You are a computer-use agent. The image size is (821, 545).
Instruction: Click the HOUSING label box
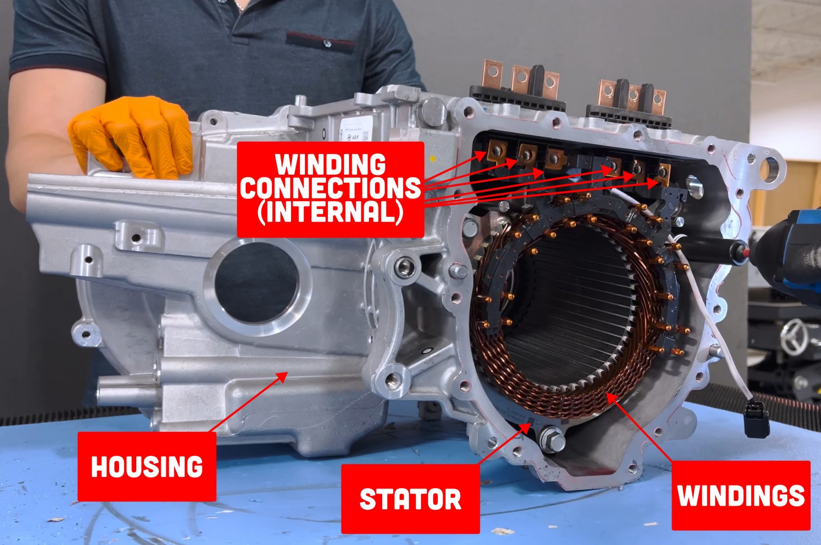[147, 466]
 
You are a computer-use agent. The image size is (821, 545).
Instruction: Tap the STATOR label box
[410, 499]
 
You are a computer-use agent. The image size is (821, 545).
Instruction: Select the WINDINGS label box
[741, 495]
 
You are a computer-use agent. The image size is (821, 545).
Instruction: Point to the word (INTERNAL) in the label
[330, 212]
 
